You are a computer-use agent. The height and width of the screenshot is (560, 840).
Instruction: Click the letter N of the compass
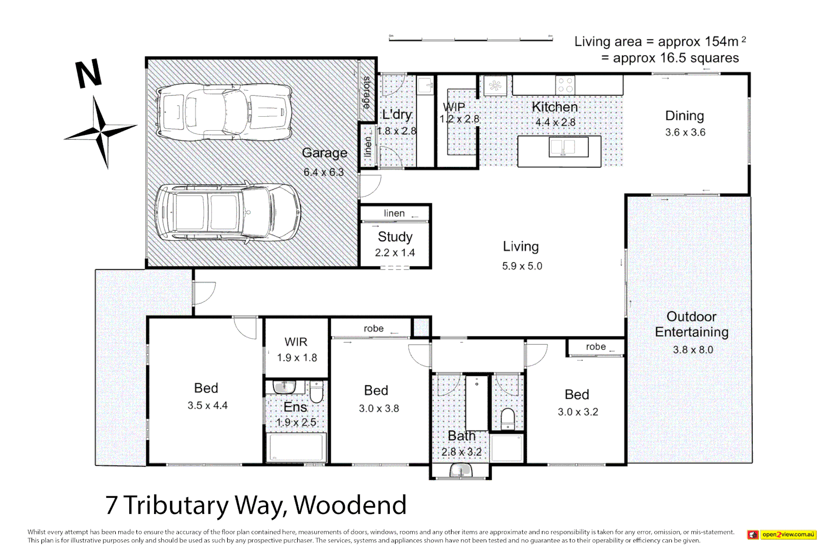[89, 74]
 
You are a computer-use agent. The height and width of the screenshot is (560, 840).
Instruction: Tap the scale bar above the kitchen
[470, 38]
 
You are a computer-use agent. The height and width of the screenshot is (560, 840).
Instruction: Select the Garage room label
[325, 153]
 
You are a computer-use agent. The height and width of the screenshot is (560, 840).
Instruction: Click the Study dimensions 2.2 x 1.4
[395, 253]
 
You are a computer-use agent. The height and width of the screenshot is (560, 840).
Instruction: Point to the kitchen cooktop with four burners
[565, 85]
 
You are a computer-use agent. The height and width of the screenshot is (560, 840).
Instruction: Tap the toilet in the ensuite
[316, 392]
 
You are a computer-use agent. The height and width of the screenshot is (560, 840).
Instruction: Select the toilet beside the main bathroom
[508, 418]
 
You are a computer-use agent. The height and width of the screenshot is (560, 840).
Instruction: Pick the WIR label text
[296, 342]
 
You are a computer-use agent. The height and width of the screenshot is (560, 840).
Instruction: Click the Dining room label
[684, 116]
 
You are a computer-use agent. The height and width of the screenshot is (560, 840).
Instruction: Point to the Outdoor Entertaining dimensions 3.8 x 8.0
[693, 350]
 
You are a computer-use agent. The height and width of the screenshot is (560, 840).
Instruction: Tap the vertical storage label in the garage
[367, 92]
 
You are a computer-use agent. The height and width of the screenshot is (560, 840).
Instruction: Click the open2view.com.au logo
[782, 535]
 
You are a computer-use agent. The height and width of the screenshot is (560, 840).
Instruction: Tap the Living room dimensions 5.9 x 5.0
[522, 267]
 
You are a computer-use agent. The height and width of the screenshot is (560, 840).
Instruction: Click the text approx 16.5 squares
[676, 58]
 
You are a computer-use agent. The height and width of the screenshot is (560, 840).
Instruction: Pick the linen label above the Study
[394, 214]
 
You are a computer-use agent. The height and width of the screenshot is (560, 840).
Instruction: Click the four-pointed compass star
[101, 130]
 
